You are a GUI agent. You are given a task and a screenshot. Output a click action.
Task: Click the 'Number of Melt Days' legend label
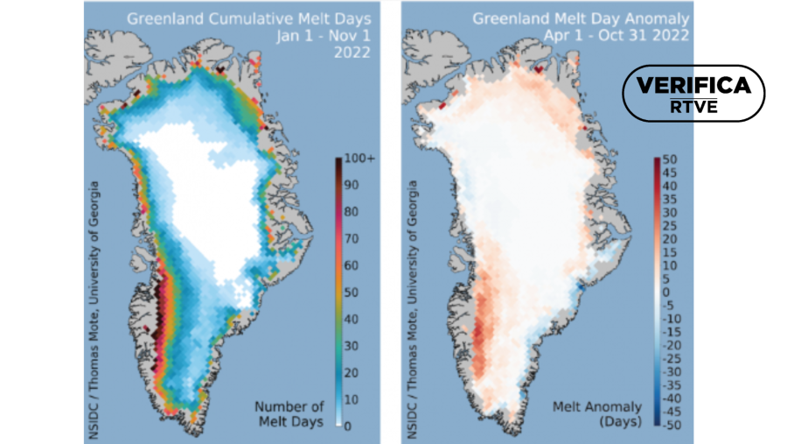(x=289, y=414)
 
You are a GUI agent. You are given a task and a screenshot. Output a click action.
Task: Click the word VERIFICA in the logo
(x=693, y=86)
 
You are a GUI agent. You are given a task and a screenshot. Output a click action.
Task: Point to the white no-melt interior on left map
(x=210, y=201)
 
